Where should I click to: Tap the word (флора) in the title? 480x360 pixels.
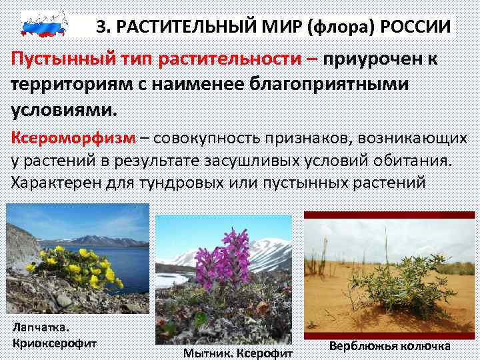coord(345,27)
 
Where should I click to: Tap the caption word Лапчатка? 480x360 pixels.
coord(39,327)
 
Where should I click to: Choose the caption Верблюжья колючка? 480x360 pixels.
coord(390,346)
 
